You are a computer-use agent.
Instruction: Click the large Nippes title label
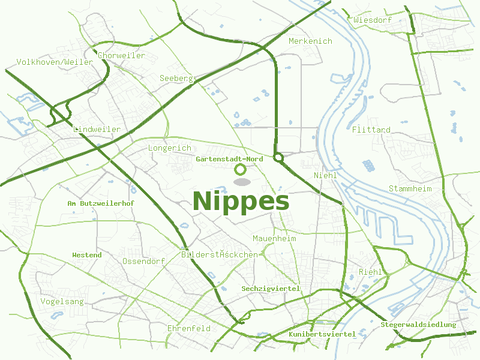point(241,201)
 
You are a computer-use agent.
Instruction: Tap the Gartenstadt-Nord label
point(229,159)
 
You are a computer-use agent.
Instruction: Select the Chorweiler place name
point(121,55)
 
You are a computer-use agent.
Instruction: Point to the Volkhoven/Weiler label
point(55,62)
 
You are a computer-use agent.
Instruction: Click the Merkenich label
point(310,41)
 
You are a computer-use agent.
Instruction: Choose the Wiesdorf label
point(373,20)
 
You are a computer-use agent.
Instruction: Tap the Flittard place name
point(371,130)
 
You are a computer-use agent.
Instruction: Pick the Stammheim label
point(410,188)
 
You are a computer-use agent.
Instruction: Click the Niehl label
point(325,175)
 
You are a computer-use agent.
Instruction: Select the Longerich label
point(169,148)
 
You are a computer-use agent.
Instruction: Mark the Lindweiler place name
point(97,129)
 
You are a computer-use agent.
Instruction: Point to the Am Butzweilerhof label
point(100,203)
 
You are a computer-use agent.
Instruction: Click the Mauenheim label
point(274,238)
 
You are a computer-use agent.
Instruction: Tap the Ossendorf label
point(143,262)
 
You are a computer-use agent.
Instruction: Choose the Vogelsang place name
point(62,301)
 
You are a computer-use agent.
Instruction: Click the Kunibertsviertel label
point(322,334)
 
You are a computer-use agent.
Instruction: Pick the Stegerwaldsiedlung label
point(418,325)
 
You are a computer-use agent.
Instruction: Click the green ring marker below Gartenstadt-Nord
point(241,170)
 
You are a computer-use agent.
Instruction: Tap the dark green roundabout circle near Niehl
point(278,158)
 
